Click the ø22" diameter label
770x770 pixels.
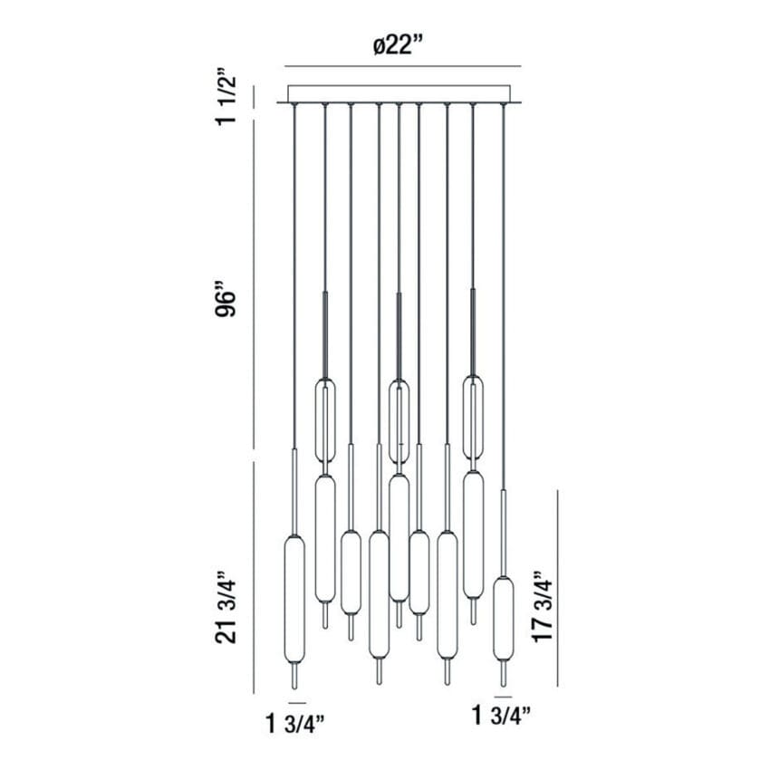398,46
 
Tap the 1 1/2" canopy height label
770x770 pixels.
226,101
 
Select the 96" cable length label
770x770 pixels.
226,299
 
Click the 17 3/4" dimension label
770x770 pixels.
543,606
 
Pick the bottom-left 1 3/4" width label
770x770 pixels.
294,724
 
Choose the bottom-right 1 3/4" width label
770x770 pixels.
501,716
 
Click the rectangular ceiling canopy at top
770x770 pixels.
399,94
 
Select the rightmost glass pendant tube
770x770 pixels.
504,619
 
